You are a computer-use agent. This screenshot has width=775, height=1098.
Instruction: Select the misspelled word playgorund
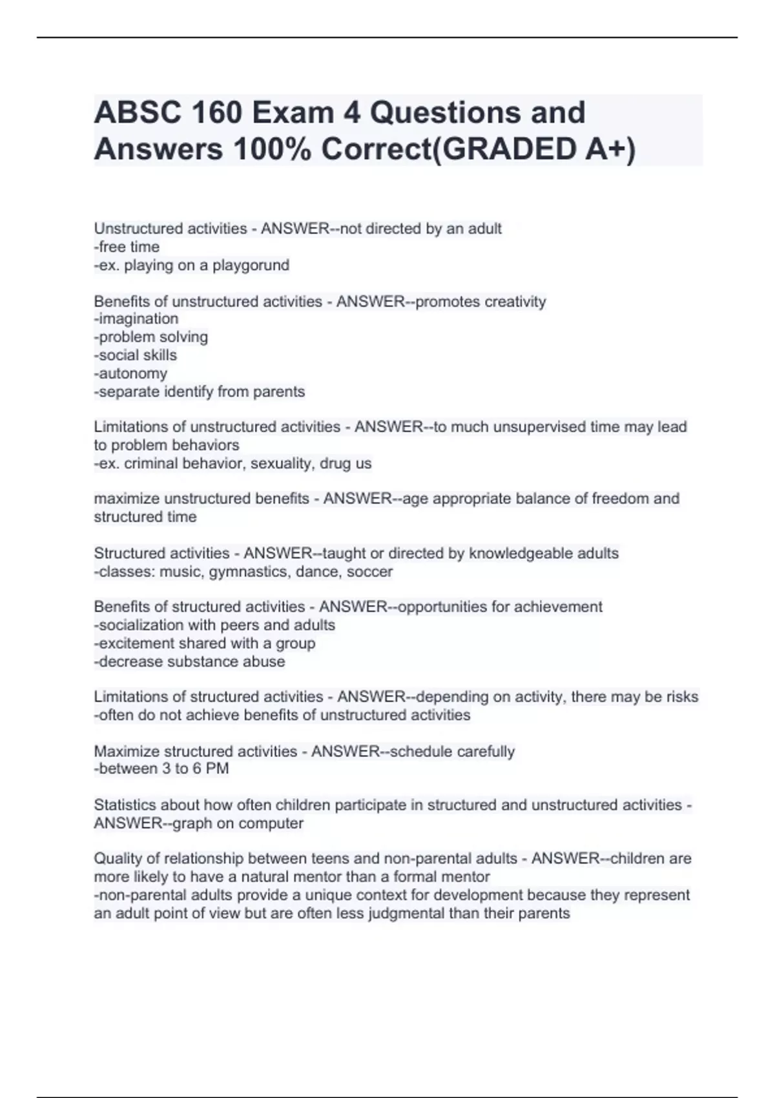click(251, 265)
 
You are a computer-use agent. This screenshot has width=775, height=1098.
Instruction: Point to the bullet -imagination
click(136, 318)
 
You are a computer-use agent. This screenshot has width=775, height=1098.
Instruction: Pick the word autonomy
click(132, 373)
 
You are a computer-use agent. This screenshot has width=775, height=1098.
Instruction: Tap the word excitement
click(136, 643)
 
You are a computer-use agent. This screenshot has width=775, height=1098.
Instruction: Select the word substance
click(202, 661)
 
